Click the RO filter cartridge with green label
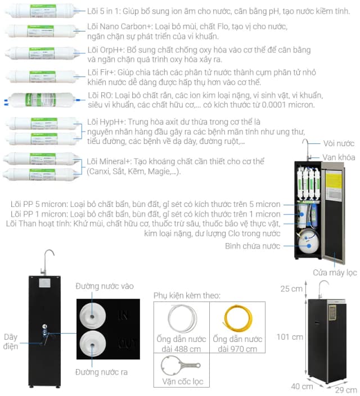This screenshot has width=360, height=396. pos(42,99)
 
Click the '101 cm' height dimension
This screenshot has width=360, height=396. pos(290,337)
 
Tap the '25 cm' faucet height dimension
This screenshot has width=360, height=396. pos(292,289)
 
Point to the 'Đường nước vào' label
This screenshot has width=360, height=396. pos(105,286)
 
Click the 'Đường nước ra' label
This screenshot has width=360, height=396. pos(101,372)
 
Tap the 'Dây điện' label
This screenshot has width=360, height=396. pos(11,341)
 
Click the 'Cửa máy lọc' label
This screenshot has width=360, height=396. pos(335,273)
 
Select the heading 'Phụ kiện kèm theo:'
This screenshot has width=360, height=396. pos(187,295)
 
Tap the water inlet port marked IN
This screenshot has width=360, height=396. pos(91,313)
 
